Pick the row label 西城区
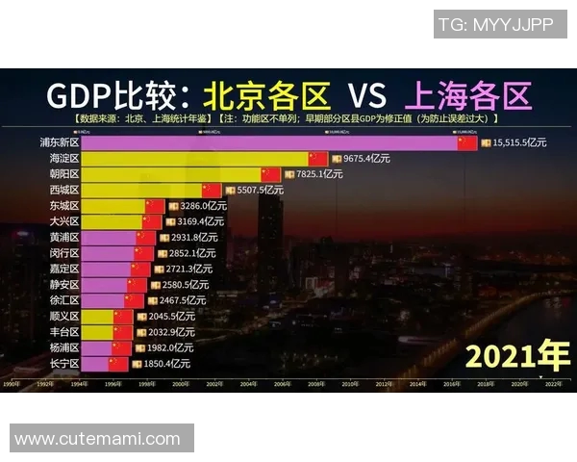[x=64, y=190]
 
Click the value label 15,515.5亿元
[x=519, y=142]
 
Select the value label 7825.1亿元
[x=323, y=174]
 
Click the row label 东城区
[x=64, y=206]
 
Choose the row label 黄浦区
[x=64, y=237]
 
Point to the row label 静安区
[x=64, y=285]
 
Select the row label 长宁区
[x=64, y=364]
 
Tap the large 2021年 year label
[x=517, y=356]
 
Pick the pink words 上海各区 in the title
[x=468, y=96]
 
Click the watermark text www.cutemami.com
[x=97, y=439]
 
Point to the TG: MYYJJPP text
[x=495, y=25]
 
